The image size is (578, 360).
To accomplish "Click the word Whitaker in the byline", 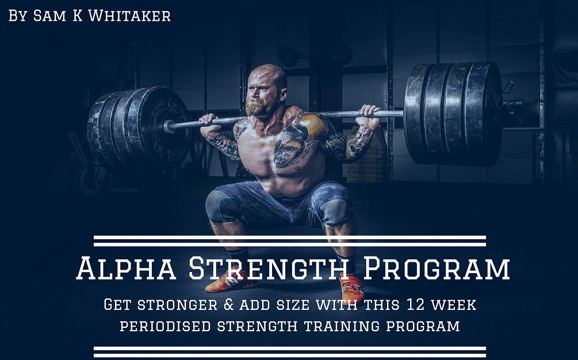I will coord(136,16).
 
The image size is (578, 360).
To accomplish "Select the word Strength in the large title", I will coord(267,269).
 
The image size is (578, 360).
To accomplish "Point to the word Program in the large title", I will coord(437,269).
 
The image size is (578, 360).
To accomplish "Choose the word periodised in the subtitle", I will coord(165,326).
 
